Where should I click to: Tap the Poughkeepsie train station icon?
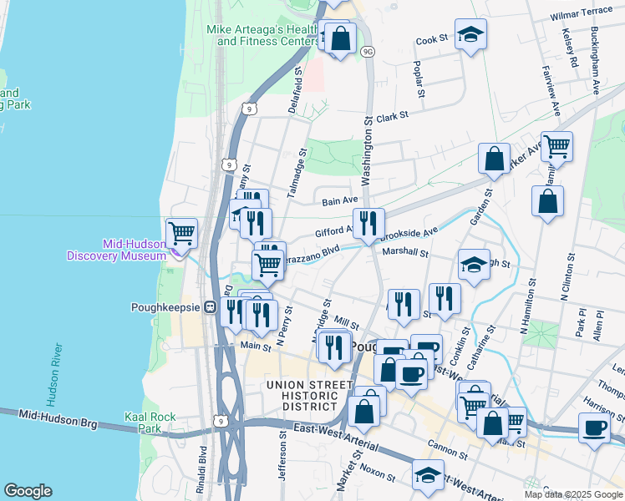pos(211,306)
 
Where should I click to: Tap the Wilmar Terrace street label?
pos(582,16)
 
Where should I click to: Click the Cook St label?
pos(432,39)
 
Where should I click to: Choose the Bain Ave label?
pos(340,200)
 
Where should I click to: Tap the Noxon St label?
pos(378,473)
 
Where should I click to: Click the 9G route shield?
pos(368,52)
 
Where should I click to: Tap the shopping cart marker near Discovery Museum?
pos(181,232)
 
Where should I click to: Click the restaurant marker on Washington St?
pos(368,222)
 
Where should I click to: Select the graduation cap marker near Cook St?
pos(471,33)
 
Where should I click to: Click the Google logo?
pos(28,490)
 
